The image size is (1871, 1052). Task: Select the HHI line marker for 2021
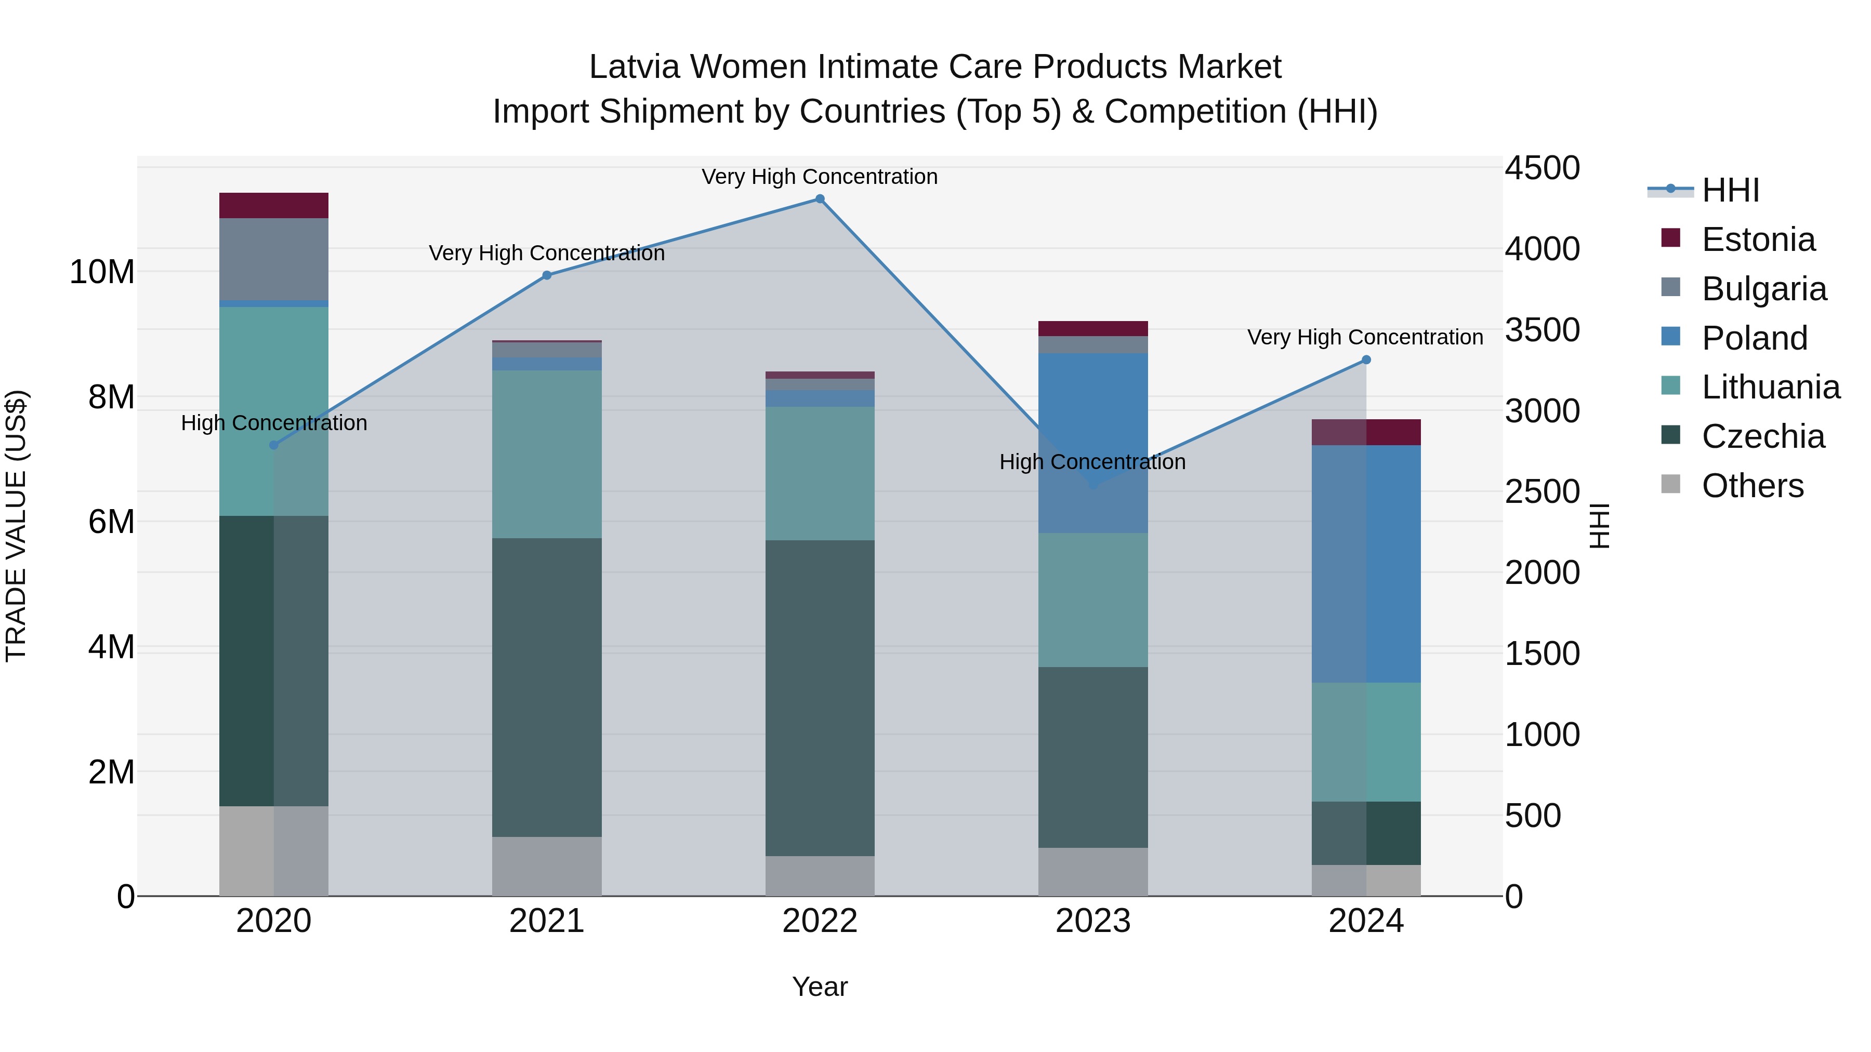coord(547,275)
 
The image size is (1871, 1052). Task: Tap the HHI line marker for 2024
coord(1365,359)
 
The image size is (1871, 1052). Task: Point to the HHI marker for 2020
coord(274,445)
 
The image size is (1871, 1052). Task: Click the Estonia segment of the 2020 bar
coord(274,205)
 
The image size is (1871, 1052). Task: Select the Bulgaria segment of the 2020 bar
coord(274,259)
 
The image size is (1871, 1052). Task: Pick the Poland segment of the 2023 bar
coord(1092,443)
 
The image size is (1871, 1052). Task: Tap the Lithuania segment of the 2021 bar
coord(547,454)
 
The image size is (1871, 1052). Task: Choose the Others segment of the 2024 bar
coord(1365,880)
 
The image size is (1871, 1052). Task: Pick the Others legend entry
coord(1752,486)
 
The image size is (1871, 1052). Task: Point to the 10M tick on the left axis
coord(102,272)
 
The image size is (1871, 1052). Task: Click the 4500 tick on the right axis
coord(1541,168)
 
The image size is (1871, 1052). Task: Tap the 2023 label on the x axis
coord(1092,921)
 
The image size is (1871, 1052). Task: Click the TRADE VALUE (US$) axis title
coord(16,526)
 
